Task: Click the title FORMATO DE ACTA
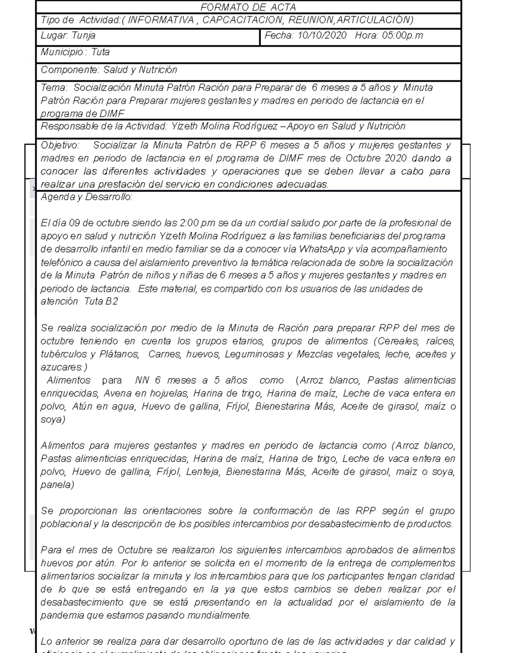click(x=248, y=8)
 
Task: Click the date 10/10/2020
click(x=322, y=36)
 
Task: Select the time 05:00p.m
click(x=402, y=36)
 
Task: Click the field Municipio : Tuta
click(x=75, y=53)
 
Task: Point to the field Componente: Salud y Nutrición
click(x=109, y=70)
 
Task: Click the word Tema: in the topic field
click(x=54, y=88)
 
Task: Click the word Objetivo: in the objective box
click(x=60, y=145)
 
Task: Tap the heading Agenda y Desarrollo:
click(x=86, y=197)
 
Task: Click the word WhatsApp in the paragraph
click(x=322, y=249)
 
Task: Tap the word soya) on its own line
click(x=53, y=420)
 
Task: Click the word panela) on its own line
click(x=57, y=485)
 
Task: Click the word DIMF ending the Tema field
click(x=112, y=114)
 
